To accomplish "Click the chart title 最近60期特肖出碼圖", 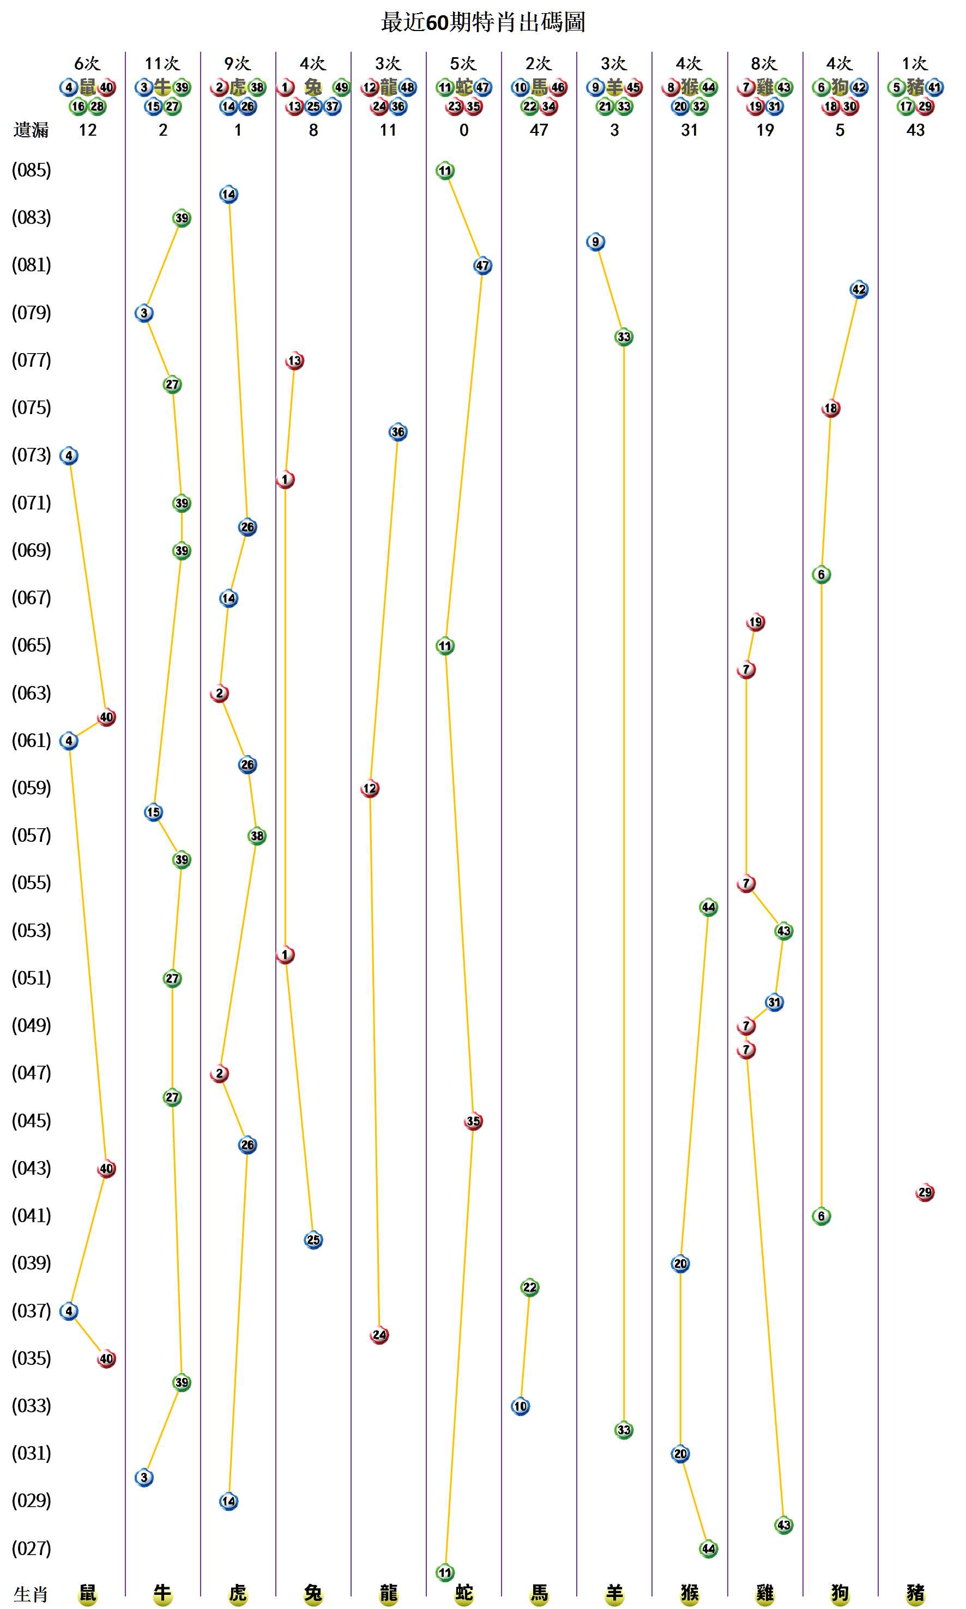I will [x=482, y=22].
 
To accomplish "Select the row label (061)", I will [x=31, y=740].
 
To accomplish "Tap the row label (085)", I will [x=31, y=171].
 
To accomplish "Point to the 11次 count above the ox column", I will [x=162, y=64].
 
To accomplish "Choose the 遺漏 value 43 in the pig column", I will [x=915, y=130].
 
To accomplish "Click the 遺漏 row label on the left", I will [x=31, y=130].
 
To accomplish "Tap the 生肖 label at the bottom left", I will [x=31, y=1594].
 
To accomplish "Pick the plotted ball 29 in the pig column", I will [x=925, y=1193].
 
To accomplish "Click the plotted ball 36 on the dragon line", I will [x=398, y=432].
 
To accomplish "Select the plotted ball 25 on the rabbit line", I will [x=313, y=1240].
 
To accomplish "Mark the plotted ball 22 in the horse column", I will [x=529, y=1288].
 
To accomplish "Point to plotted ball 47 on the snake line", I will [x=482, y=265].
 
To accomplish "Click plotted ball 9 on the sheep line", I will [x=595, y=242].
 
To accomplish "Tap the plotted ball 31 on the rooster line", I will [x=774, y=1003].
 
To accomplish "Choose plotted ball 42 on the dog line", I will [x=859, y=289].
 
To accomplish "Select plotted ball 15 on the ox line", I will [x=153, y=812].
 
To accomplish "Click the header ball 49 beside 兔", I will [x=341, y=87].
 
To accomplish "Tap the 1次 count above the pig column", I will [x=915, y=64].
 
